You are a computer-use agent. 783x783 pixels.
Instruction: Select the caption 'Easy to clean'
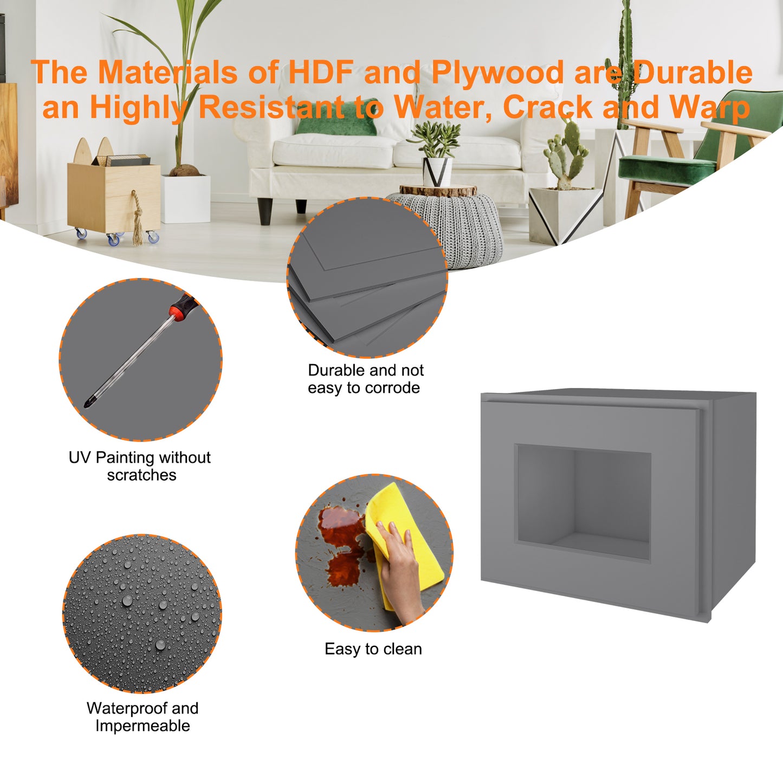(x=373, y=649)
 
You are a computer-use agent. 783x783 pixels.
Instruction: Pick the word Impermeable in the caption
(x=143, y=726)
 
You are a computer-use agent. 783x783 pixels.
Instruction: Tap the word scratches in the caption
(x=141, y=475)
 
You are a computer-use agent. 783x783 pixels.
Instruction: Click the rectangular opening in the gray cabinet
(x=583, y=502)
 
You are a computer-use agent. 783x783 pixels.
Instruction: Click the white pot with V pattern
(x=437, y=172)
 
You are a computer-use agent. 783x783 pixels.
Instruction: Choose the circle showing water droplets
(x=142, y=613)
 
